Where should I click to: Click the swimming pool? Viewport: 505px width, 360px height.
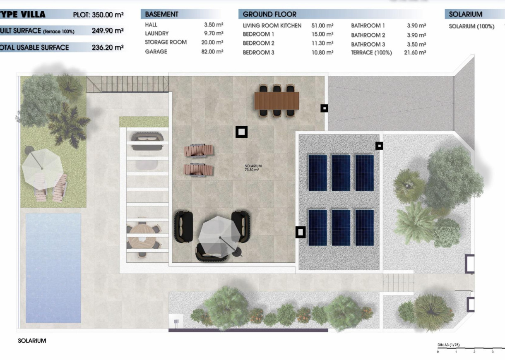[53, 268]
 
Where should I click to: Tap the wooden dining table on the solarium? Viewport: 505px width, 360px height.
[277, 101]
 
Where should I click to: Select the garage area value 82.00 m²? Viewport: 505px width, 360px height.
[214, 52]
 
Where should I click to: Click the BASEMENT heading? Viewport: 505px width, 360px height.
[161, 14]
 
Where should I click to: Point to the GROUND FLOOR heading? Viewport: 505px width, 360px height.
[269, 14]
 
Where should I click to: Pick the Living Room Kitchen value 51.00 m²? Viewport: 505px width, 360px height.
[322, 26]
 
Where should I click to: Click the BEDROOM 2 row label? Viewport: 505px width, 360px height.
[258, 43]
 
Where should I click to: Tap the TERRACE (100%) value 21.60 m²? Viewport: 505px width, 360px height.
[415, 53]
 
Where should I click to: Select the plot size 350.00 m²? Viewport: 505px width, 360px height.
[108, 14]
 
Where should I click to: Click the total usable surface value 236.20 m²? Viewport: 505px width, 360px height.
[107, 48]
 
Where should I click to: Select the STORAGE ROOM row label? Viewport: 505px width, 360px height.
[166, 42]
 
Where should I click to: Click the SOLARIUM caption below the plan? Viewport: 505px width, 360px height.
[32, 341]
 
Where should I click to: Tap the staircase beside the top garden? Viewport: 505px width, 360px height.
[127, 84]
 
